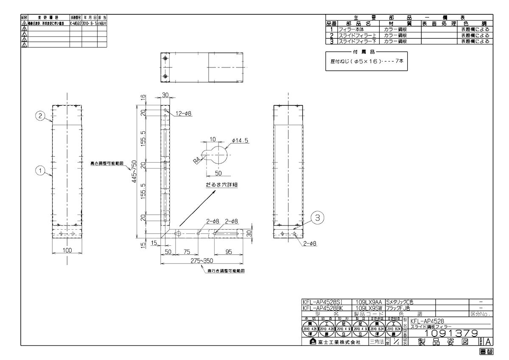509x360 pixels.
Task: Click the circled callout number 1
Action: point(39,170)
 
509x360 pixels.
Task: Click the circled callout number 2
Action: point(39,115)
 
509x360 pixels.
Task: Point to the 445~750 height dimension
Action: point(134,170)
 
